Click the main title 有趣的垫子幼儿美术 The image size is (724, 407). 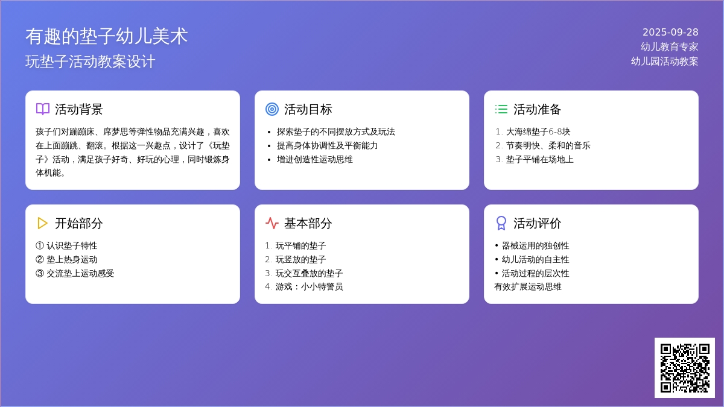click(x=107, y=36)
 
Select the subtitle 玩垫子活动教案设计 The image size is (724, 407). click(x=90, y=62)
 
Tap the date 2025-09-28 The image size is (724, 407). click(x=670, y=33)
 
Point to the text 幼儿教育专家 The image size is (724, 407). click(x=669, y=47)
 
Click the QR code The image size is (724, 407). click(x=685, y=368)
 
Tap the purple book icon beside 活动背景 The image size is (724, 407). click(x=43, y=109)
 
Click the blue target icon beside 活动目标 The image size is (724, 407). click(x=272, y=109)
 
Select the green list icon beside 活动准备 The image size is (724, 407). click(x=501, y=109)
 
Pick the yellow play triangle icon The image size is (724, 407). click(x=43, y=223)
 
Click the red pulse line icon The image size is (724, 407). click(x=272, y=223)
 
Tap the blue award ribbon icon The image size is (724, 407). click(x=501, y=223)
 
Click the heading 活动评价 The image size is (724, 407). click(x=537, y=223)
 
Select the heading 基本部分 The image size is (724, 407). click(x=308, y=223)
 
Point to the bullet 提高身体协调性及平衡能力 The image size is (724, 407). click(x=327, y=146)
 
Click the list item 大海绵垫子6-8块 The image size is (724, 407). click(x=538, y=132)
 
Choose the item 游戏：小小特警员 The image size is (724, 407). click(x=309, y=287)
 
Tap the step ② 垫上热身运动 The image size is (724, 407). click(x=66, y=259)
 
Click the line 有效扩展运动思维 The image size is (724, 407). click(x=528, y=287)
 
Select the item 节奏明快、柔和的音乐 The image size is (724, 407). click(x=548, y=146)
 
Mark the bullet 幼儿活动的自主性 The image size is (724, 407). click(x=535, y=259)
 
